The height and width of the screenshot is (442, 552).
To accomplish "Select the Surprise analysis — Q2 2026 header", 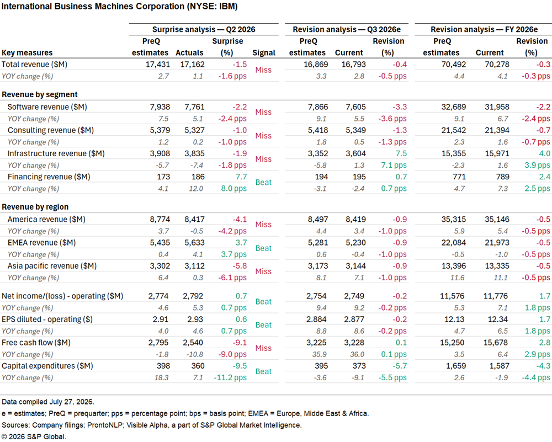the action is click(x=204, y=29).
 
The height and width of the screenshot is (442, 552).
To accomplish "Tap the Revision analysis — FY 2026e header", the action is click(x=484, y=29).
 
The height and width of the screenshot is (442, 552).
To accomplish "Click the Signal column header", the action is click(x=264, y=53).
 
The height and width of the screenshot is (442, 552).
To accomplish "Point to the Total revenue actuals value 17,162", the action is click(x=192, y=65).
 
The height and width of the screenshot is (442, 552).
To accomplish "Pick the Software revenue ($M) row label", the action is click(x=47, y=107).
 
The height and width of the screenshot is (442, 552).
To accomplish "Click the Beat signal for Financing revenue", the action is click(x=263, y=182).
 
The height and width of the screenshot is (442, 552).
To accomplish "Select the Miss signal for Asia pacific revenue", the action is click(x=263, y=271).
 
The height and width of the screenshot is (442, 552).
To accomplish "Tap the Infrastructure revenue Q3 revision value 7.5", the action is click(x=401, y=153).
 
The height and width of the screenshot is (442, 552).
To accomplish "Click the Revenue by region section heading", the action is click(x=35, y=207).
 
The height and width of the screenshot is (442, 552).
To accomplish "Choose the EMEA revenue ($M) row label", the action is click(x=41, y=242).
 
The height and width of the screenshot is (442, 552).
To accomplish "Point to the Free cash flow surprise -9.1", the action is click(x=240, y=343).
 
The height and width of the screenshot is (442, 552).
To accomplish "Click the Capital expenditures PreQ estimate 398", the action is click(x=163, y=366).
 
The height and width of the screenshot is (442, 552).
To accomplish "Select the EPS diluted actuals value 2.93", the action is click(x=195, y=319).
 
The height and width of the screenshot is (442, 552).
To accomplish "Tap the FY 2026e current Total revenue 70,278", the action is click(x=497, y=65).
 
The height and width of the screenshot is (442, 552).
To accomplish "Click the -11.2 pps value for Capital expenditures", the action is click(x=230, y=377).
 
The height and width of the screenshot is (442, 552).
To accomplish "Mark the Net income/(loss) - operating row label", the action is click(x=62, y=296).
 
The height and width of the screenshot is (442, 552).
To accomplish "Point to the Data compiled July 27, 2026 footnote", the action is click(x=48, y=402).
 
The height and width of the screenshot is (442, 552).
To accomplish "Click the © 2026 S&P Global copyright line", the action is click(x=34, y=436).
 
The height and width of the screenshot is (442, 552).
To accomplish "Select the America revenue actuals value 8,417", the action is click(x=194, y=219).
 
